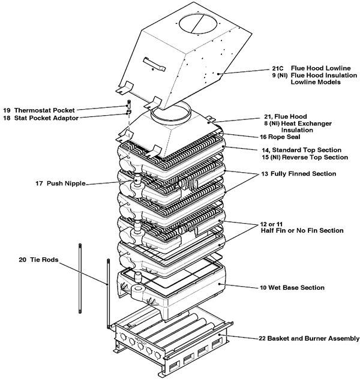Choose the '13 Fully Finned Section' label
[293, 173]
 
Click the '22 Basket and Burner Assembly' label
[306, 339]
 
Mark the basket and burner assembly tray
[168, 345]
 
